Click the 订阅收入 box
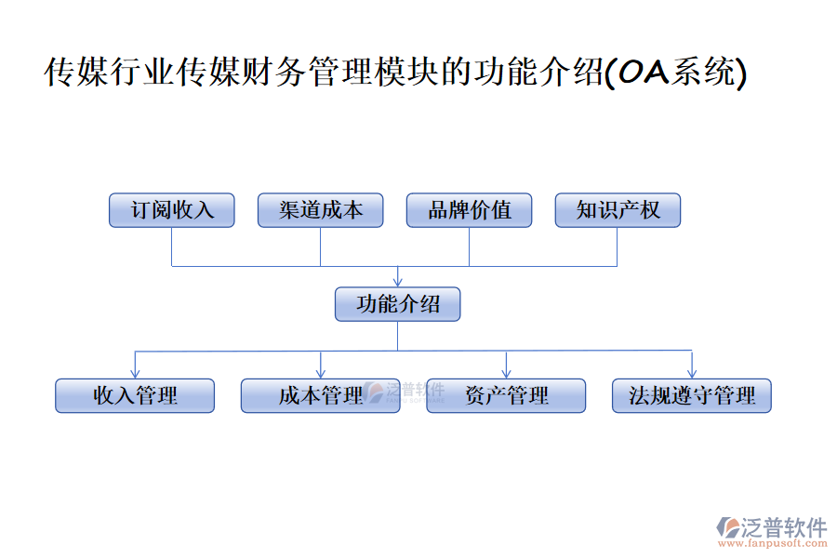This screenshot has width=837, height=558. tap(172, 210)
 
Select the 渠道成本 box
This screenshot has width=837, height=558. tap(321, 210)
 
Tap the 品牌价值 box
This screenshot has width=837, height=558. tap(470, 210)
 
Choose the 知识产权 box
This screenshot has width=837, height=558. tap(618, 210)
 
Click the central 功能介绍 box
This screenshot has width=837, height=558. tap(397, 304)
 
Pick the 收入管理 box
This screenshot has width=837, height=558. tap(135, 395)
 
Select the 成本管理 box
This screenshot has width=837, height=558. tap(321, 395)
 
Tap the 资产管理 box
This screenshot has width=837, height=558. tap(506, 395)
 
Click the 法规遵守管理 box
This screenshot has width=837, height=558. tap(692, 395)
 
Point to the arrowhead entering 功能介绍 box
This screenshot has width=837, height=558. tap(398, 281)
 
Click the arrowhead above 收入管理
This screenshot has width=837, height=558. tap(136, 372)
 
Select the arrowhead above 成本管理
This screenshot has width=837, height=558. tap(321, 372)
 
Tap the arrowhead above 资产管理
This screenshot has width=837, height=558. tap(506, 372)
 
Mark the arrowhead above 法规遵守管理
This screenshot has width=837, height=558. tap(692, 372)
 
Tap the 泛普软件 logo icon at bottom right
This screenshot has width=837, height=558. tap(726, 526)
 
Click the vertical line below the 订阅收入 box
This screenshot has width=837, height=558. tap(172, 246)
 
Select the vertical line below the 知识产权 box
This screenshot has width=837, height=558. tap(618, 246)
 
